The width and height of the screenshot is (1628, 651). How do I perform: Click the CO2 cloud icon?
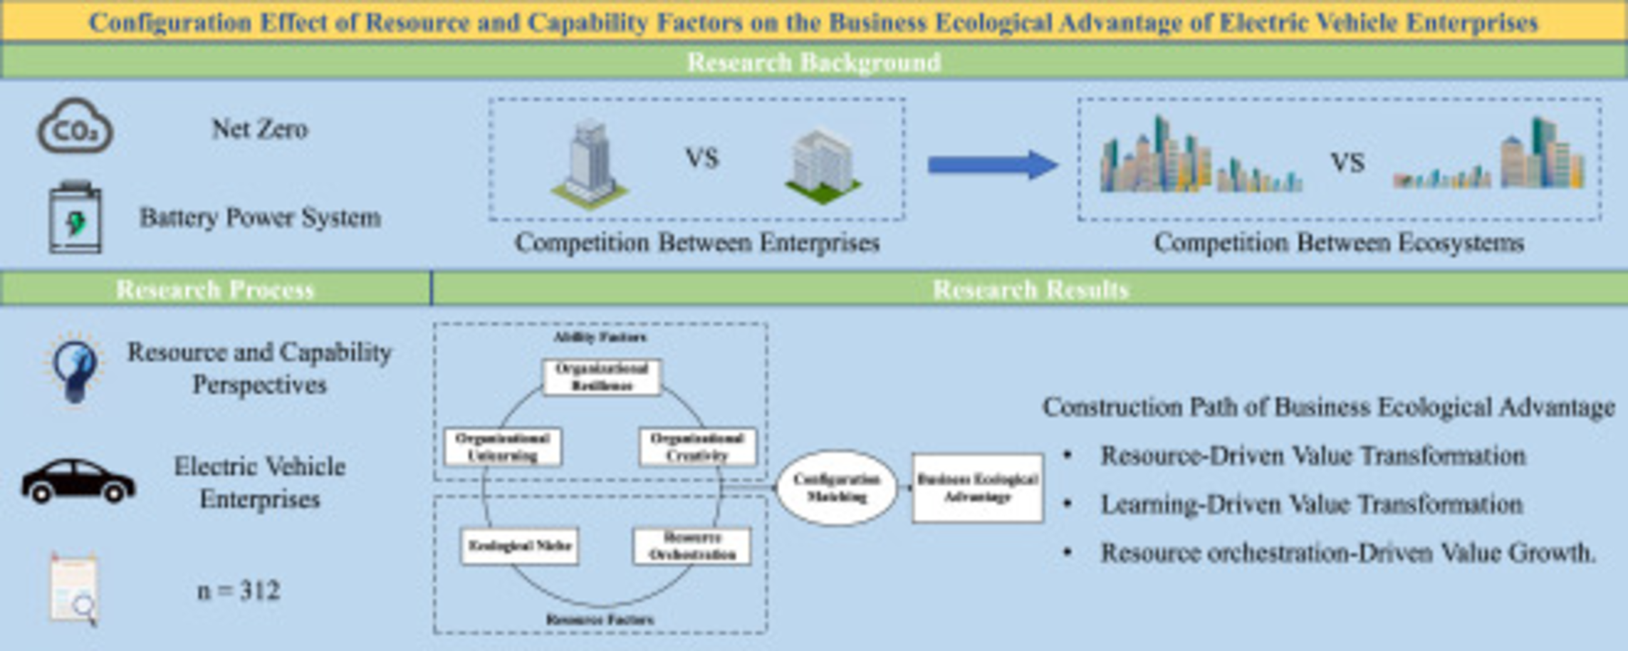75,128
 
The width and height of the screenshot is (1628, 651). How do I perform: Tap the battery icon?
75,218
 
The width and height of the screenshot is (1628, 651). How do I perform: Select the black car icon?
78,481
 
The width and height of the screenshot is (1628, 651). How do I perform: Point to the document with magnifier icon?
74,589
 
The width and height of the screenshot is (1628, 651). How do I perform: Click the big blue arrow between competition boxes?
991,165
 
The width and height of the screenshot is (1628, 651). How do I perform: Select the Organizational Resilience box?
602,377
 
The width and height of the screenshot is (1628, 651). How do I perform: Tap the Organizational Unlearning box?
503,447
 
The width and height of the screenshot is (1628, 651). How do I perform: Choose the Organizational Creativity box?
697,447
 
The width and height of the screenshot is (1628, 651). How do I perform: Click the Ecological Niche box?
519,546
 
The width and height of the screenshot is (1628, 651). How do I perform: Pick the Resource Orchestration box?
692,546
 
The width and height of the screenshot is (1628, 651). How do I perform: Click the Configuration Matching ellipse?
836,488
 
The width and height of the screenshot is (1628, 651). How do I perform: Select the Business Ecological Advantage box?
977,488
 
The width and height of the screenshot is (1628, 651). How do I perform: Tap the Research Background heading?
813,62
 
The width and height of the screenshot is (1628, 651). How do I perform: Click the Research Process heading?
214,289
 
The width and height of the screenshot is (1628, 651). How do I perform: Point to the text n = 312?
239,590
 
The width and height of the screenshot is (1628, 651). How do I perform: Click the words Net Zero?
259,129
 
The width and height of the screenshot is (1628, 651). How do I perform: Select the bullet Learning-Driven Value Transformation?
1311,504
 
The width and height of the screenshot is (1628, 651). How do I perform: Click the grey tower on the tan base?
590,164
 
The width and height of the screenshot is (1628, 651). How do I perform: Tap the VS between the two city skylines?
1347,163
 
